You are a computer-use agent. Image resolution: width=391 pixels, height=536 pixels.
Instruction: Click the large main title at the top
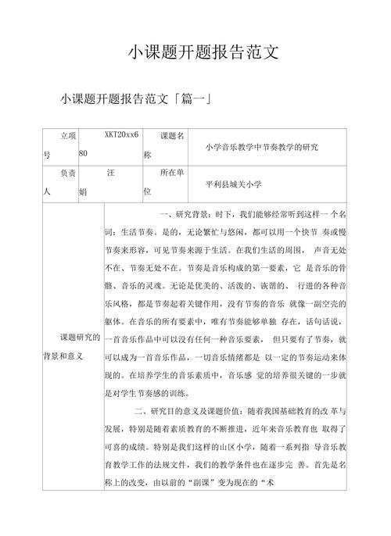point(203,53)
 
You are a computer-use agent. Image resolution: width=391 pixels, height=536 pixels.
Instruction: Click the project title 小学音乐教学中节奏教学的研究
point(261,146)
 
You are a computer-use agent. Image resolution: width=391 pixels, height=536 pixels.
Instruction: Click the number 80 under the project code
point(84,153)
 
